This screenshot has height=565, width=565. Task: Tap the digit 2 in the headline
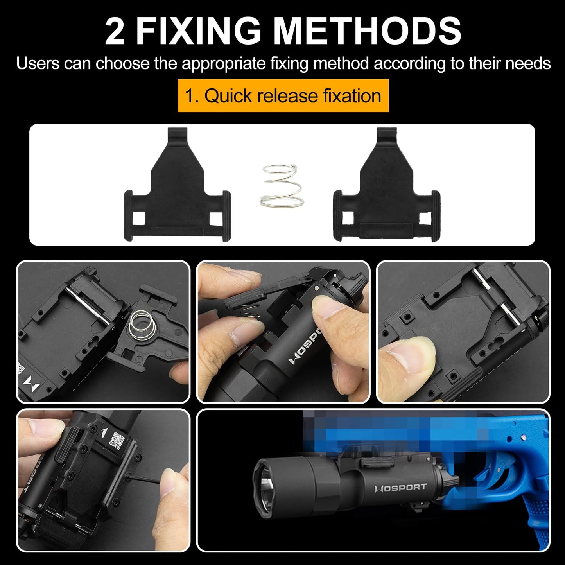[x=115, y=31]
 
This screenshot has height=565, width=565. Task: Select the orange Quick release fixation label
[x=283, y=96]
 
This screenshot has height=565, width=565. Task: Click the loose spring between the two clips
[x=282, y=186]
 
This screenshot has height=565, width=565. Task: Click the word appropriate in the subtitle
[x=223, y=63]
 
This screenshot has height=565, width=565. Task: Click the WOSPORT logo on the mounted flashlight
[x=400, y=488]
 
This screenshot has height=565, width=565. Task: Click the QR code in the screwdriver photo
[x=118, y=441]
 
